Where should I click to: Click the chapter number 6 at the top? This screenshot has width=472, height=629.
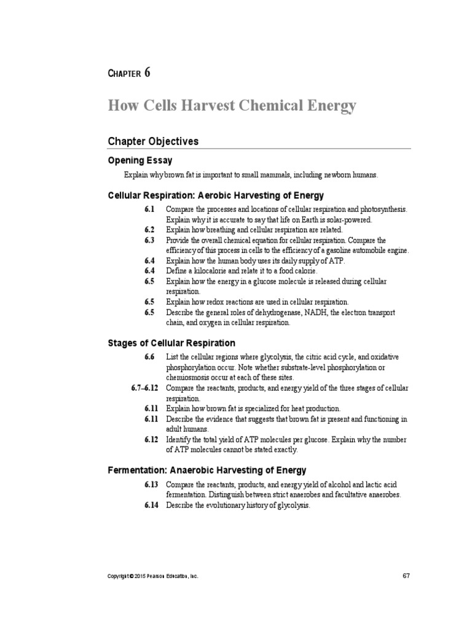click(x=147, y=72)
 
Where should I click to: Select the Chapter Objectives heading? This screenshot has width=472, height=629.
click(x=153, y=141)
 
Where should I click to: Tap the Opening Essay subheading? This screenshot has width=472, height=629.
click(x=138, y=160)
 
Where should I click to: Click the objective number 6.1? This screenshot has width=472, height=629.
click(x=150, y=210)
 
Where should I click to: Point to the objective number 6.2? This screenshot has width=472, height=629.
click(x=150, y=230)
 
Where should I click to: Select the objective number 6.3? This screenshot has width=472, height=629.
click(x=150, y=240)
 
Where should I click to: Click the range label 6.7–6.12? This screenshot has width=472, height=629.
click(x=145, y=388)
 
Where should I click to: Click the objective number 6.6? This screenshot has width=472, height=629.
click(x=150, y=357)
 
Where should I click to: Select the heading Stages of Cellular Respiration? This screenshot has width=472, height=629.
click(x=171, y=343)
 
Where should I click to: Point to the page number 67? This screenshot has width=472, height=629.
click(x=406, y=576)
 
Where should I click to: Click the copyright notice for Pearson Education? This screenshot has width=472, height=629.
click(x=153, y=577)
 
